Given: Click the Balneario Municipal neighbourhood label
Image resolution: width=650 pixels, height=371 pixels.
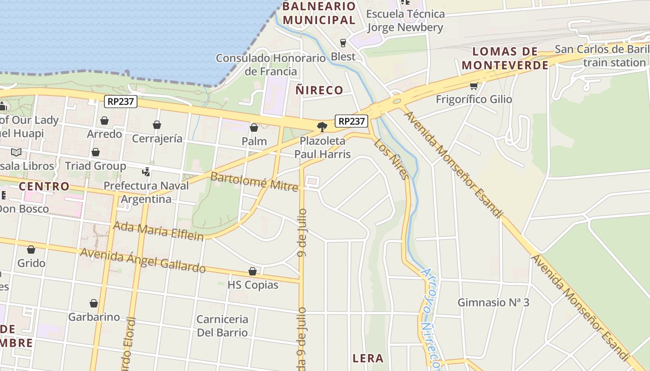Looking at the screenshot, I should pos(319,13).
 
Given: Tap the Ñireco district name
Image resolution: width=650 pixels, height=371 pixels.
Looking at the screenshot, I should pos(319,90).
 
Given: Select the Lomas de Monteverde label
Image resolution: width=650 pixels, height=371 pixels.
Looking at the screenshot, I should pos(505,58).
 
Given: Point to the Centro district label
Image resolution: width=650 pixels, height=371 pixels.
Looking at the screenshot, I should pos(44,186).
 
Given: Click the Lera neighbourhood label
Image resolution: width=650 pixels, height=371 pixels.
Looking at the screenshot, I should pos(368,358).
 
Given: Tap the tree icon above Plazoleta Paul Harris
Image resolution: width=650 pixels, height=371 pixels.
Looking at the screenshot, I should pos(322,126).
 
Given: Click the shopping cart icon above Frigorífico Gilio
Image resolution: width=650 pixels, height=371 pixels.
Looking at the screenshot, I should pos(474,86).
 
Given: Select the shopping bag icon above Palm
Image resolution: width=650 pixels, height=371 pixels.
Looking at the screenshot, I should pos(254,128).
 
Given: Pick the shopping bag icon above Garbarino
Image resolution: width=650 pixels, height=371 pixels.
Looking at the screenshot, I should pos(94,304).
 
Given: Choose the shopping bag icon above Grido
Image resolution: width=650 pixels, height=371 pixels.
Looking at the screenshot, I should pos(31,250).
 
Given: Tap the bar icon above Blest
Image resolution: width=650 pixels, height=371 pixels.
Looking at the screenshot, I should pos(343,43).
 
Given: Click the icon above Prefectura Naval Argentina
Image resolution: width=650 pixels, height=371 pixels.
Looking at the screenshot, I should pos(146,172).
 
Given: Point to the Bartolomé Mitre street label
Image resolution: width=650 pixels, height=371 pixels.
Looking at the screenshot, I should pos(254,181).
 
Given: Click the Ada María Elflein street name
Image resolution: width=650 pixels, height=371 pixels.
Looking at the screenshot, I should pos(158,231).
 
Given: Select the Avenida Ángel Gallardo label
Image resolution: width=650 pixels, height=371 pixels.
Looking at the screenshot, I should pos(143,260).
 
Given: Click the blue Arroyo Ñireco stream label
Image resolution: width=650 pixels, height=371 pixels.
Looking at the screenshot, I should pos(429,318).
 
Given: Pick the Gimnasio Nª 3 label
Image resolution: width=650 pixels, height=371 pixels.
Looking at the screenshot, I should pos(493,302).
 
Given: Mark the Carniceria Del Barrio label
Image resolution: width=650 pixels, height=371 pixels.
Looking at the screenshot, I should pos(222,326).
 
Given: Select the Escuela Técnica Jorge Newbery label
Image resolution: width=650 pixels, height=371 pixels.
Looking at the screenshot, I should pos(405,20).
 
